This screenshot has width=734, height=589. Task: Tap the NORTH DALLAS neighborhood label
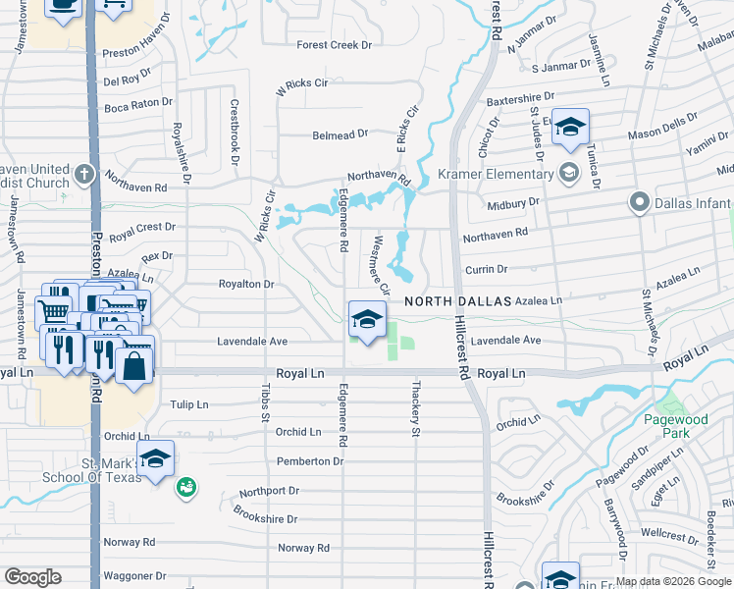[458, 301]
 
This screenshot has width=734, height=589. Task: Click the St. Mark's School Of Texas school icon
[155, 457]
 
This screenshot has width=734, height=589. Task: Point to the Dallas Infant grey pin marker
[640, 203]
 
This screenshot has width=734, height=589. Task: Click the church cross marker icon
[84, 175]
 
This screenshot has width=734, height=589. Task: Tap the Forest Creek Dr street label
[335, 44]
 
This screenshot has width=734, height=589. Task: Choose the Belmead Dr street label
[340, 134]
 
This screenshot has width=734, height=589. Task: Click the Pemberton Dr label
[310, 460]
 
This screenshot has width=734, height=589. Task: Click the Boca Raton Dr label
[137, 102]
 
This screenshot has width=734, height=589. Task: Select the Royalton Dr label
[245, 284]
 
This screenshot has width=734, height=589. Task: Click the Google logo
[32, 577]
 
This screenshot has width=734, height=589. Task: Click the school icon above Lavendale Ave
[367, 320]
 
